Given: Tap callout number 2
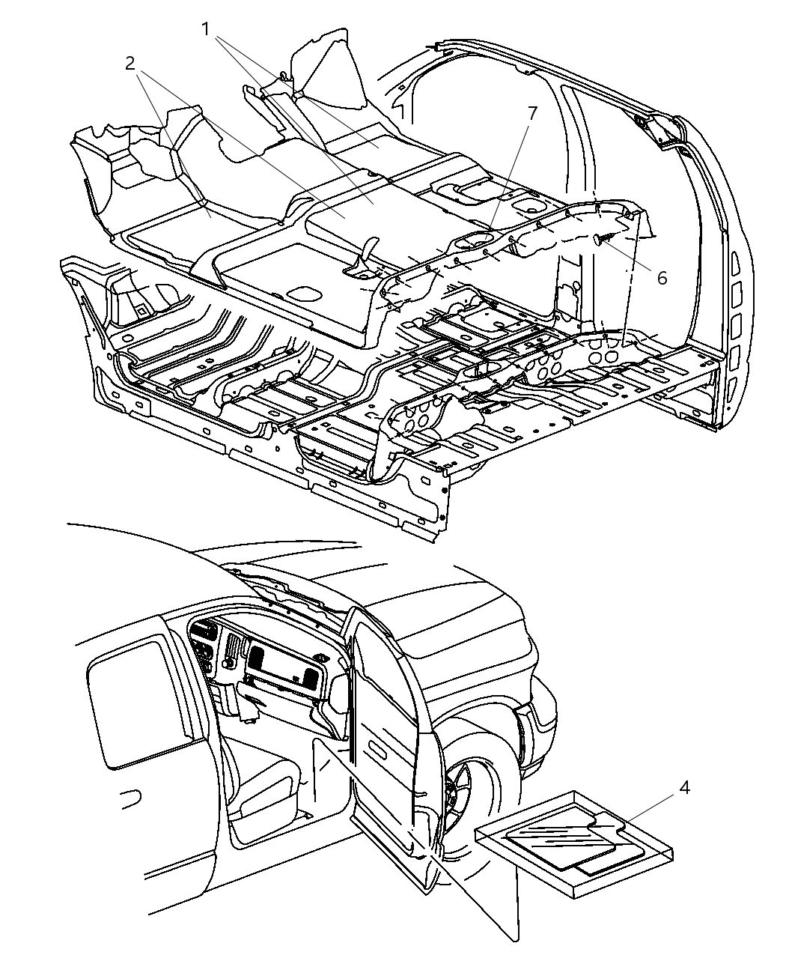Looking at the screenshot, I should pyautogui.click(x=130, y=64).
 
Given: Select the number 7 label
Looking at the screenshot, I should pyautogui.click(x=532, y=113).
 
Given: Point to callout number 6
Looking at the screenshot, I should pyautogui.click(x=662, y=277).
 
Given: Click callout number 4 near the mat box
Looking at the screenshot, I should pyautogui.click(x=684, y=787).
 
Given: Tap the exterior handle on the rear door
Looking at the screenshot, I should pyautogui.click(x=131, y=799).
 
